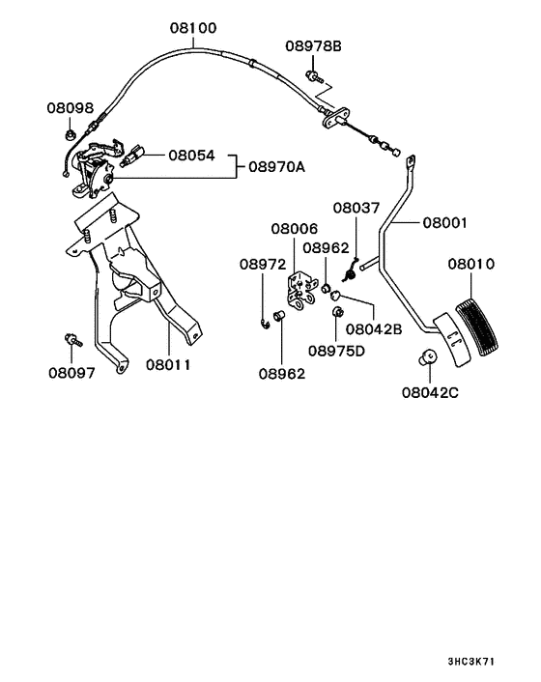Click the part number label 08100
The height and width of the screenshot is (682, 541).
pos(193,28)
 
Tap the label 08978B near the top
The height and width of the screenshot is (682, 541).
pos(314,45)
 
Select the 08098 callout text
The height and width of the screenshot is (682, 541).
pos(71,108)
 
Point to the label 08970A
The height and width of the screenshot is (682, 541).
pos(277,166)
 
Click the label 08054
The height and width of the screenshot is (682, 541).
pos(192,156)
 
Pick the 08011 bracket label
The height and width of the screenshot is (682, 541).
pos(168,364)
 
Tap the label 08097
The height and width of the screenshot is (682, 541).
pos(71,373)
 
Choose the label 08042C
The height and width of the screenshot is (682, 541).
pos(430,393)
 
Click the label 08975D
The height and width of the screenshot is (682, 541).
pos(336,351)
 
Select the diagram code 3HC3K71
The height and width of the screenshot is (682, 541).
pos(471,662)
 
